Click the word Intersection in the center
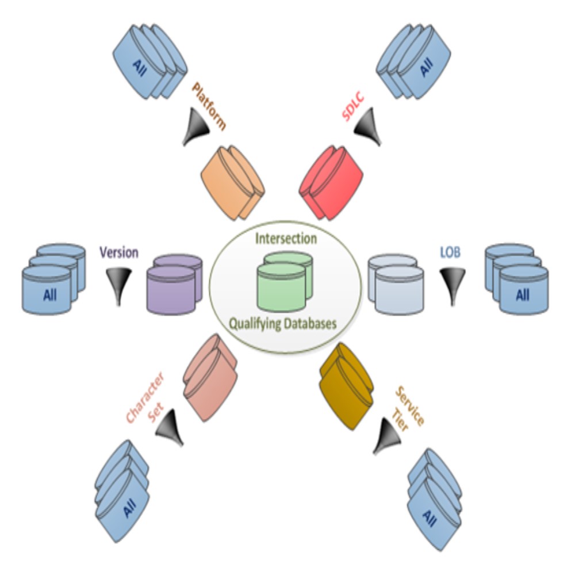[286, 237]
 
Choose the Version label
[119, 252]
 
